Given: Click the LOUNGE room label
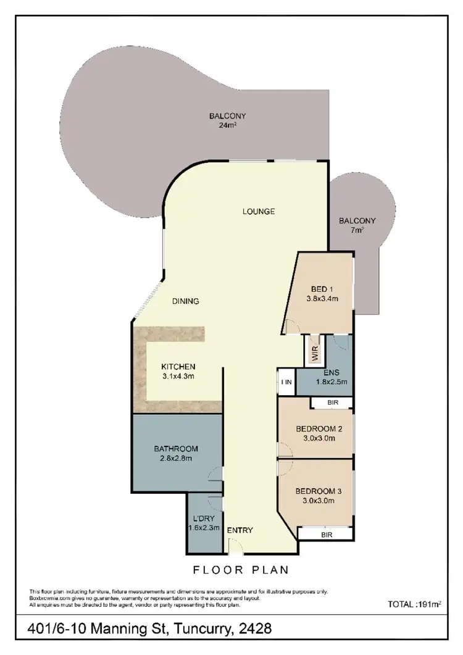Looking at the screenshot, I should [x=258, y=211].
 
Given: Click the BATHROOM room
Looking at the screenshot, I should [x=176, y=454].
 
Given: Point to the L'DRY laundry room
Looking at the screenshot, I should [x=203, y=524].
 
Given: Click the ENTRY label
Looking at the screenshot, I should [x=240, y=530].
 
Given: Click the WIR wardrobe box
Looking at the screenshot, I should [x=314, y=353].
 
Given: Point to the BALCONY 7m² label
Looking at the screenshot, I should [x=357, y=225].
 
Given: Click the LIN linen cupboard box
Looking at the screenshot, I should [x=286, y=382].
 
